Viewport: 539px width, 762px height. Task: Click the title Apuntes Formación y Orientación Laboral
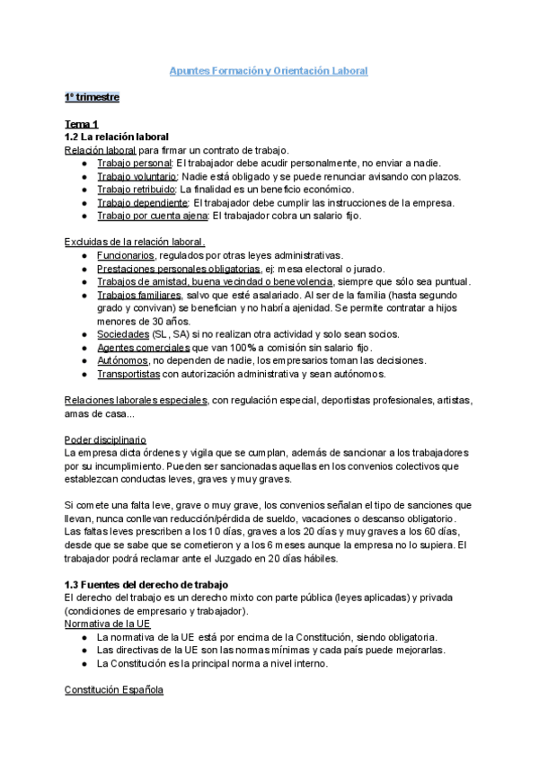(x=269, y=70)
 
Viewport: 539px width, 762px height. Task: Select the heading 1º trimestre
(x=92, y=96)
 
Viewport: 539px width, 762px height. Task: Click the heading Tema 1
(x=82, y=123)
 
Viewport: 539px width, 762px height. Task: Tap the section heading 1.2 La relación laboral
(x=117, y=137)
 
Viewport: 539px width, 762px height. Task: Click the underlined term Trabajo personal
(x=134, y=163)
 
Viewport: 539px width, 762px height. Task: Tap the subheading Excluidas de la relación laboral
(x=135, y=242)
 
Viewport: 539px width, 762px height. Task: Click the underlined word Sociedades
(x=123, y=334)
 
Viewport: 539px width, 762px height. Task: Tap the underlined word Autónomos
(x=125, y=360)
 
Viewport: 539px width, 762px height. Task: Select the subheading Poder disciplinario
(x=105, y=439)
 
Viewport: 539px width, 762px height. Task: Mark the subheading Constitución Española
(x=114, y=691)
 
